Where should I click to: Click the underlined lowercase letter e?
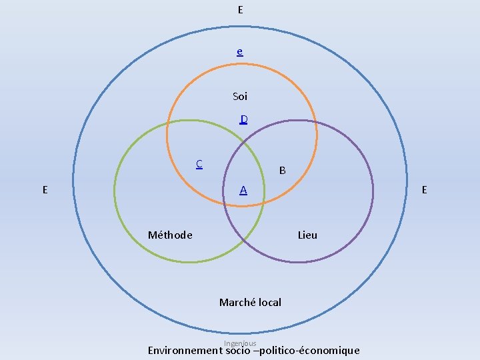239,51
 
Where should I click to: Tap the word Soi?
240,97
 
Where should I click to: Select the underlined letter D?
244,119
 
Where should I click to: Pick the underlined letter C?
199,163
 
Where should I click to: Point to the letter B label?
283,171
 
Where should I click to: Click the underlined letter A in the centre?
244,190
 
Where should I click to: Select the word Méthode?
170,235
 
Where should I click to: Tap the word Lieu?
307,235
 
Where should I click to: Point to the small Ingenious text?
240,343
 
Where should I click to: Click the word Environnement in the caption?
185,351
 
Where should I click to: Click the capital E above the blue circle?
240,9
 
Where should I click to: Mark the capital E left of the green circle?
45,189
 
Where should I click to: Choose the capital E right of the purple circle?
424,189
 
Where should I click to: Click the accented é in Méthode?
160,235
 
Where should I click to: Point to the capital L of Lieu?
300,235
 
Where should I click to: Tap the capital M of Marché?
223,302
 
